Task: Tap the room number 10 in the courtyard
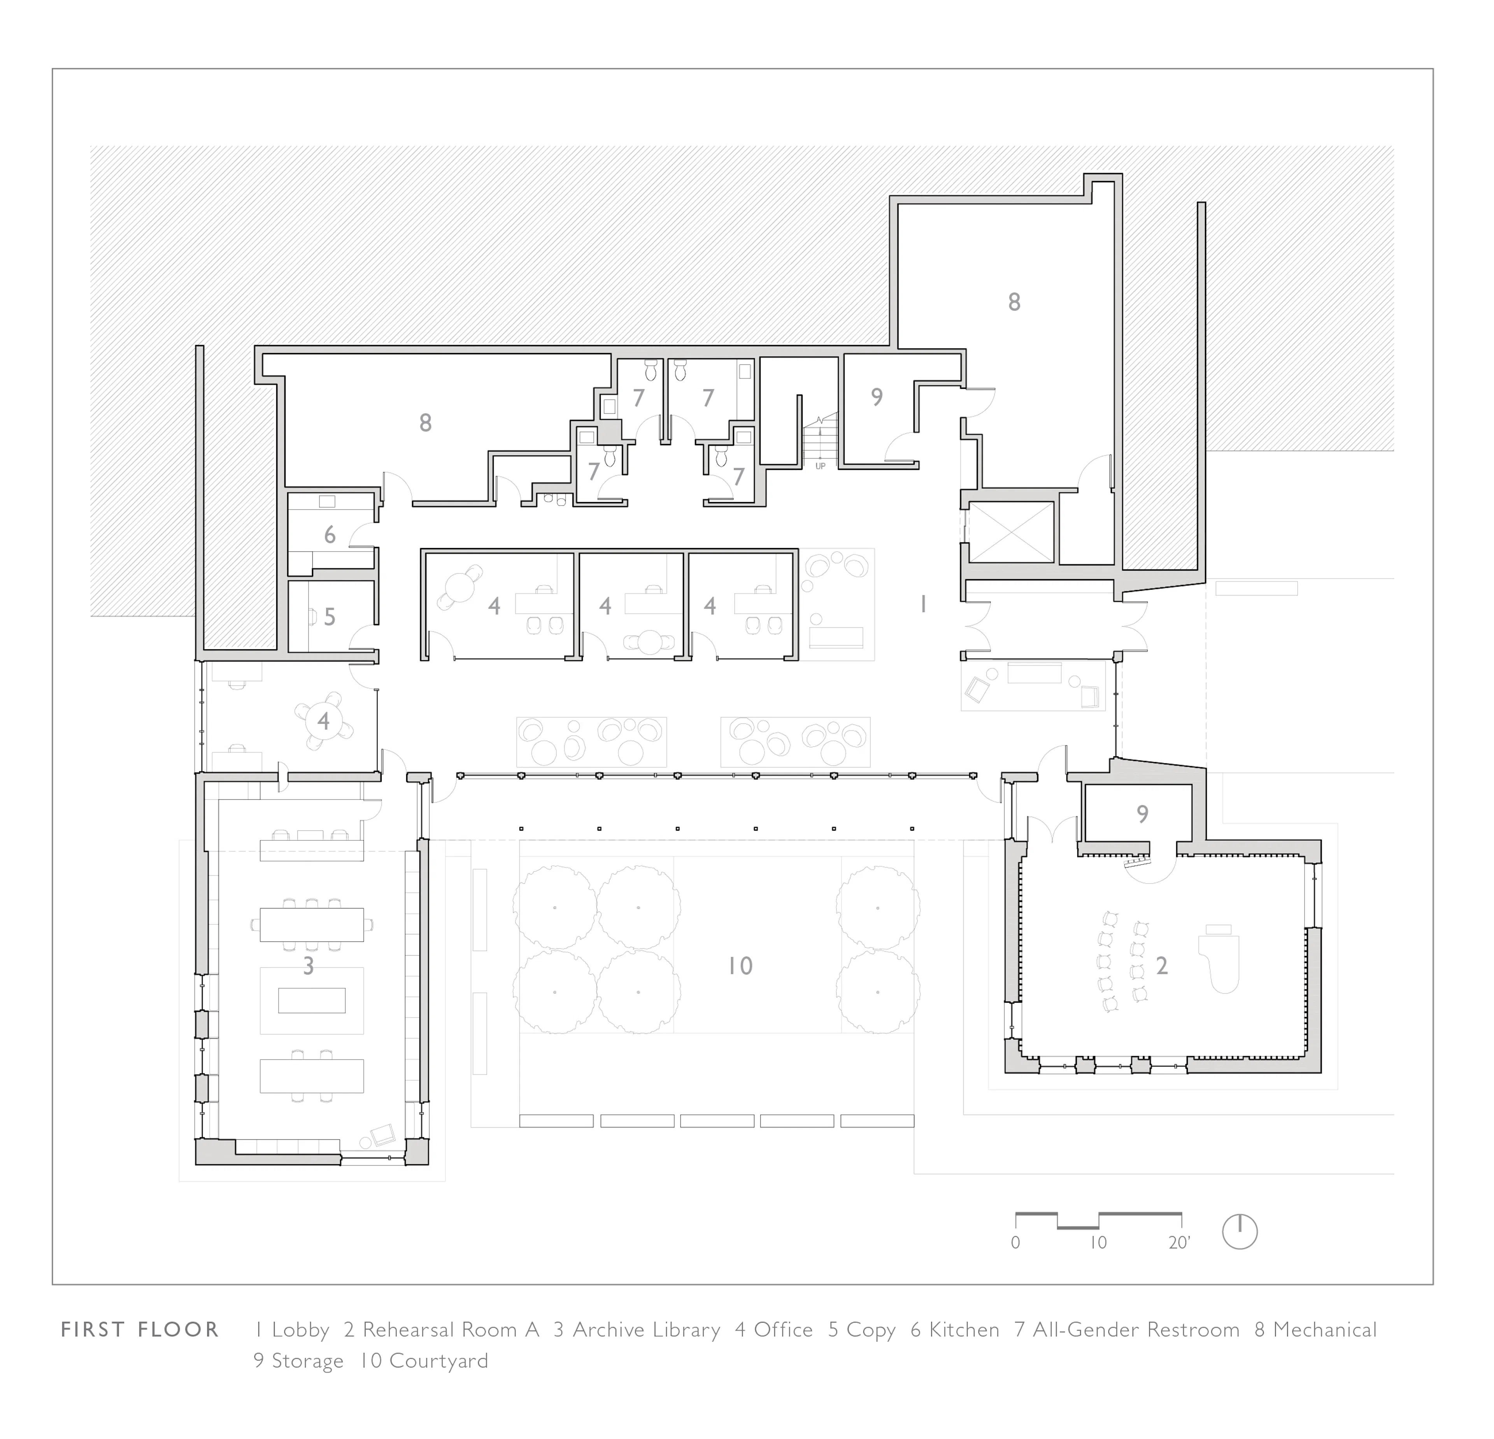tap(739, 966)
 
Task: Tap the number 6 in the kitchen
tap(329, 534)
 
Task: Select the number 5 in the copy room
tap(329, 617)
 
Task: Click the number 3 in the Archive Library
tap(308, 966)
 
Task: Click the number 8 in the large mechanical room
tap(1014, 302)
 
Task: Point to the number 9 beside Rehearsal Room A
tap(1142, 814)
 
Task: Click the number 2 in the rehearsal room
tap(1162, 966)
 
